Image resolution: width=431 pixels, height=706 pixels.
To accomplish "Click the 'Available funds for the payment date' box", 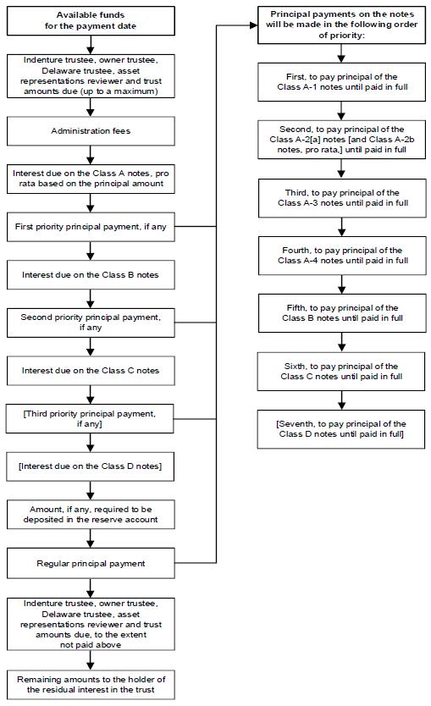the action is (91, 20).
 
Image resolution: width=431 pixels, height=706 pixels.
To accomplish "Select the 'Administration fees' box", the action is (91, 131).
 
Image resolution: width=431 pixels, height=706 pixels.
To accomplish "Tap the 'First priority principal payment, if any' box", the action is (91, 227).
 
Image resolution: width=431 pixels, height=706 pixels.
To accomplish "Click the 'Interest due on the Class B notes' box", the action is (91, 274).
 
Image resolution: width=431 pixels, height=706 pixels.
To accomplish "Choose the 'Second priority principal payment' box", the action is (91, 323).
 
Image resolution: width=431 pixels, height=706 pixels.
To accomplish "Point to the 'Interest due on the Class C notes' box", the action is (91, 371).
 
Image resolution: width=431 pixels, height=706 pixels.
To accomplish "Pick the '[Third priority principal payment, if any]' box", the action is (90, 419).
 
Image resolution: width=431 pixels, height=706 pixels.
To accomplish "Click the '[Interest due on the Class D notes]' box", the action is (90, 466).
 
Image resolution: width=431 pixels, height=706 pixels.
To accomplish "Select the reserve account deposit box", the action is (91, 514).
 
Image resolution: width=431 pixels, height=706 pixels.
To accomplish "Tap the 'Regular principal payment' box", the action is (91, 563).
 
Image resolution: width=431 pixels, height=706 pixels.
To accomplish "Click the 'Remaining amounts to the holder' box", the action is (91, 684).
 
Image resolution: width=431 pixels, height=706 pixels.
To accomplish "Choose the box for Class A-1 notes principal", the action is (342, 82).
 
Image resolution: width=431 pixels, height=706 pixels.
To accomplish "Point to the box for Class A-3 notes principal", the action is (342, 198).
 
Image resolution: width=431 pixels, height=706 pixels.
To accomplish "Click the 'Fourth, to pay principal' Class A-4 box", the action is (342, 256).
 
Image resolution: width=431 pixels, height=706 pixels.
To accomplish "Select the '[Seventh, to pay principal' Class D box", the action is (341, 429).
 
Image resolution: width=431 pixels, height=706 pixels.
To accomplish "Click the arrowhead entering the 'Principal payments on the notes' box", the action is (253, 25).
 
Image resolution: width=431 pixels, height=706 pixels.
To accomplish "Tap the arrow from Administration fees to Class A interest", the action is (91, 155).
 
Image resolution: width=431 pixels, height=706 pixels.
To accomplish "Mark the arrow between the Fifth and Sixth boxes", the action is (342, 342).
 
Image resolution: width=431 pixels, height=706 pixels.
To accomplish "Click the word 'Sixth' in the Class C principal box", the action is (295, 366).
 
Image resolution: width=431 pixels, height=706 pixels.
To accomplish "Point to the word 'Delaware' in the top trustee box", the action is (60, 71).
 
